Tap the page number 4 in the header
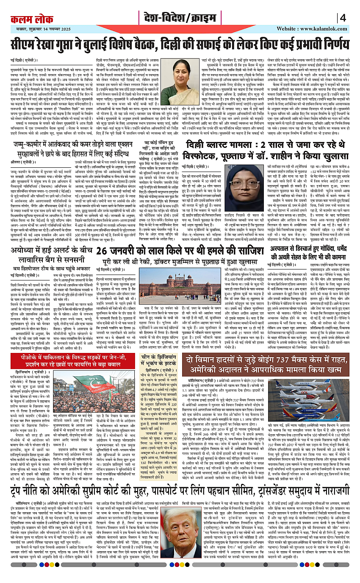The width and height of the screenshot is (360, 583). (343, 18)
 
